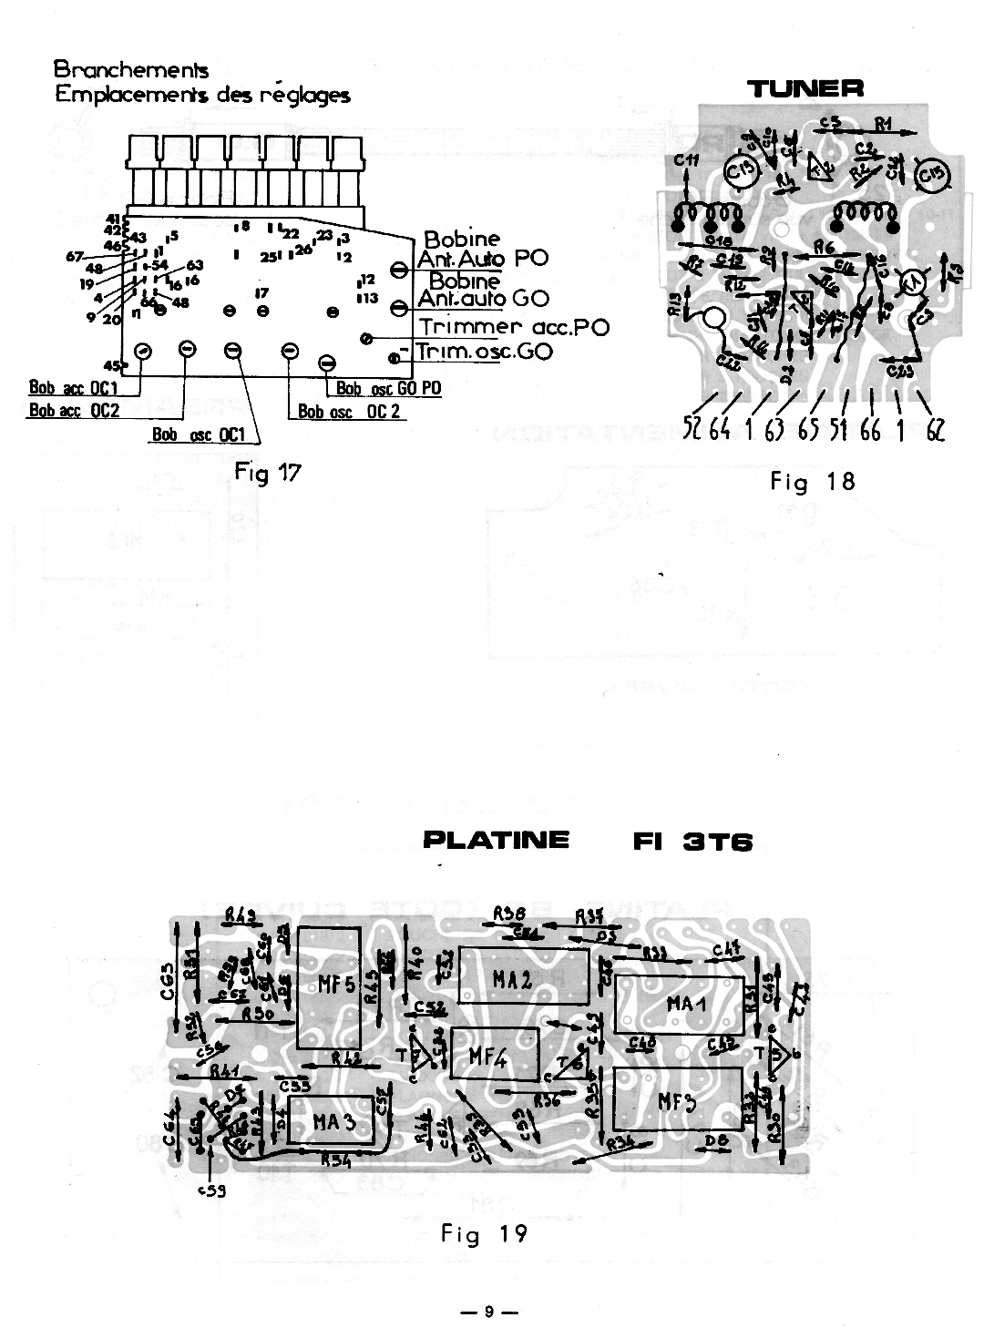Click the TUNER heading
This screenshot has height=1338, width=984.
point(805,88)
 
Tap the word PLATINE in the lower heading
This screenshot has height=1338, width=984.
point(497,840)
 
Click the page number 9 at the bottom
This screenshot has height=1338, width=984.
point(488,1312)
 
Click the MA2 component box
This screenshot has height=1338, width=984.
point(512,980)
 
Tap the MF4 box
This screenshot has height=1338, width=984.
point(493,1057)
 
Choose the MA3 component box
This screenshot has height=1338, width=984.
point(332,1121)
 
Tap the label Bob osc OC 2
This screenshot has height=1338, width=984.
point(350,412)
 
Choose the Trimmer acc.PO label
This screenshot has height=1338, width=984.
point(514,327)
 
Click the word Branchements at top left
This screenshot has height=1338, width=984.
point(130,70)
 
